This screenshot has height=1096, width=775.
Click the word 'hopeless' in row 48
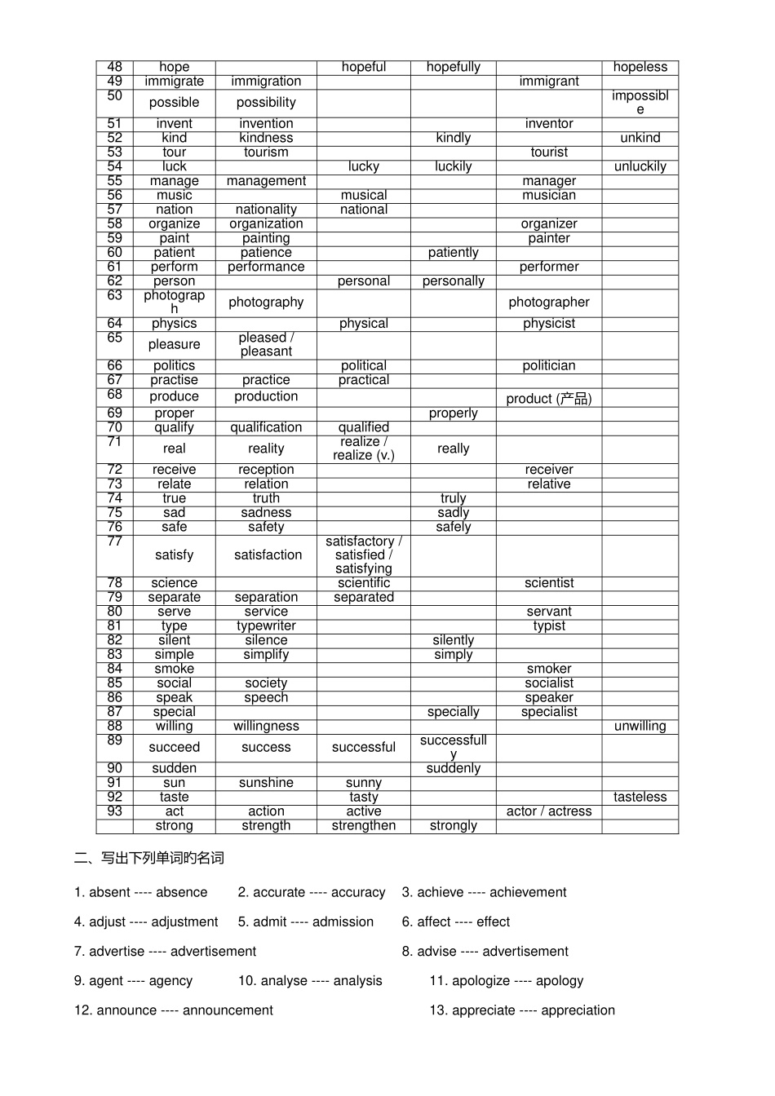(640, 68)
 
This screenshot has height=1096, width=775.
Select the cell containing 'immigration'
(266, 82)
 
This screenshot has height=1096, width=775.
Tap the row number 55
(114, 181)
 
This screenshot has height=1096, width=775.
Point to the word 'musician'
(549, 196)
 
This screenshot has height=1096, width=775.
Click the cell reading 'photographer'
(549, 303)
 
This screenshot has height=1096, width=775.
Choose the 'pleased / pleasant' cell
(266, 344)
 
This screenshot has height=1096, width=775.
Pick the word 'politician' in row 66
(549, 366)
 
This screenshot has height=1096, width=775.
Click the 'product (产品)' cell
(549, 398)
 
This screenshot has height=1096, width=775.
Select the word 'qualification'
(266, 427)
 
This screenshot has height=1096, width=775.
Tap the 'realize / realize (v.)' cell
(364, 449)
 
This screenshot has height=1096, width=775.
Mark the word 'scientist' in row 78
(549, 583)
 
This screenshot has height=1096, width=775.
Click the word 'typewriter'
(266, 626)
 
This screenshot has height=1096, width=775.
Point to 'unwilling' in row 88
(640, 727)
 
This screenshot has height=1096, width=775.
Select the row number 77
(114, 542)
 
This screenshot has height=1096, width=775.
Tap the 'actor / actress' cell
(549, 811)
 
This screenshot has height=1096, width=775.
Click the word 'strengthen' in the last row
(364, 826)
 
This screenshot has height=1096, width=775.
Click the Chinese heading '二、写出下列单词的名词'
(148, 858)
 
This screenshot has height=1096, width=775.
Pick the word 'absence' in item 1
(181, 892)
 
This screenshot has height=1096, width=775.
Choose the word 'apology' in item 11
(560, 980)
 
